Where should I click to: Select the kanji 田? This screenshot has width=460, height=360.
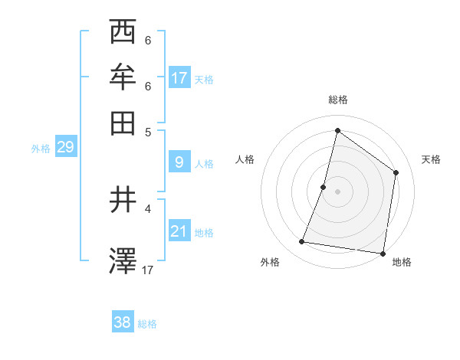click(123, 122)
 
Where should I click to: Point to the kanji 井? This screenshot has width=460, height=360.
click(123, 201)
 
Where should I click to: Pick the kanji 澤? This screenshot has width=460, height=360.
click(123, 261)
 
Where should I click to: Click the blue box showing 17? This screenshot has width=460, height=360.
click(179, 78)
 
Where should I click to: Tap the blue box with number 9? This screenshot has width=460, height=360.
click(179, 162)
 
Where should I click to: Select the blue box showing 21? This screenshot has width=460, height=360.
click(179, 231)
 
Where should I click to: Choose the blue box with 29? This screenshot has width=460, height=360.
click(65, 148)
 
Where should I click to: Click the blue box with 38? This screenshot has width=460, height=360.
click(123, 322)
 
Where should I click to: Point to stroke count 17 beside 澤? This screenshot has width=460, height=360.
click(149, 270)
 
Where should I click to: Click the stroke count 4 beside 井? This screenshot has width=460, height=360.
click(148, 208)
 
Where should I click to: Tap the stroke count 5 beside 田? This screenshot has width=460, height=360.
click(148, 131)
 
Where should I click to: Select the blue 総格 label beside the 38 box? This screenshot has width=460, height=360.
click(147, 324)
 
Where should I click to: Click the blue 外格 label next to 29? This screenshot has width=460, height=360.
click(41, 149)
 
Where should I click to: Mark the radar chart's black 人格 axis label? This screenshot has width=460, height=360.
click(245, 159)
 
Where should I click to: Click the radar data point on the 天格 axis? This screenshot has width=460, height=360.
click(396, 172)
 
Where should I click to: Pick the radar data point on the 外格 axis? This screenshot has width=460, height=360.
click(302, 242)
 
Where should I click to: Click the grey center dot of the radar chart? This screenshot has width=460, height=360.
click(337, 191)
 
